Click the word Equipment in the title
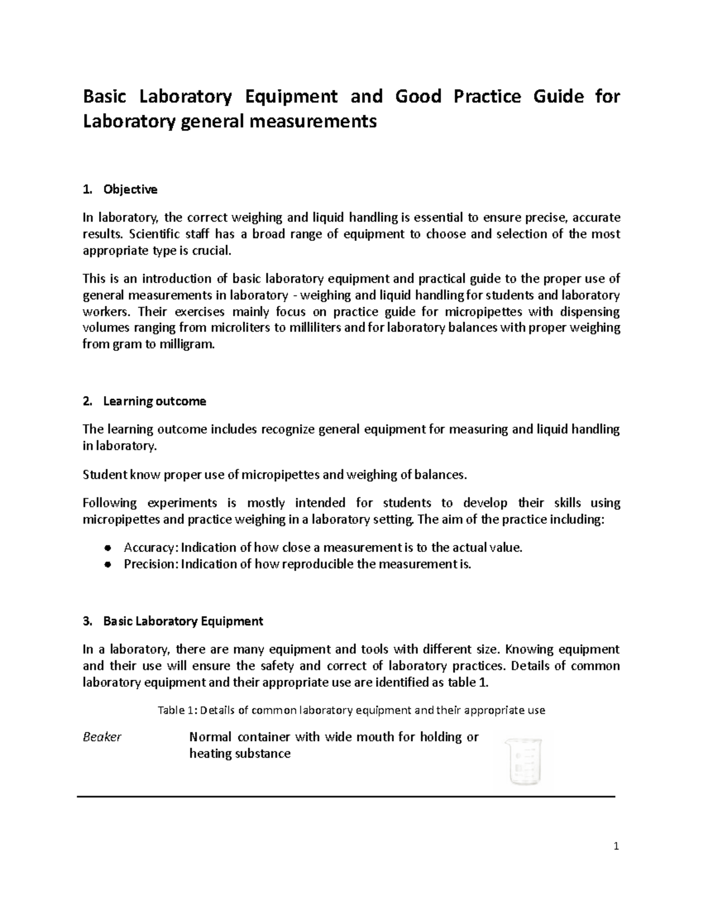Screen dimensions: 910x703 [291, 96]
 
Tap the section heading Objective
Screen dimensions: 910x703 [130, 189]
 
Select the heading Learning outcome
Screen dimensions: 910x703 [154, 401]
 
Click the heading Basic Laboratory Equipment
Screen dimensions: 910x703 [183, 621]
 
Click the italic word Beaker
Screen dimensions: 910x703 [102, 737]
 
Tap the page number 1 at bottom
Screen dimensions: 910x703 [616, 846]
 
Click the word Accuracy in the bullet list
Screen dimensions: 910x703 [149, 548]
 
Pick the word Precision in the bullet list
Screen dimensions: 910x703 [150, 564]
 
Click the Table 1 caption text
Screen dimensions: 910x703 [351, 710]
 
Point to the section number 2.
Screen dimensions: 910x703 [87, 401]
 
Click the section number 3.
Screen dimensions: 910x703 [87, 621]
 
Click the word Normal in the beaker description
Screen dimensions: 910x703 [210, 737]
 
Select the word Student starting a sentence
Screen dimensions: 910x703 [104, 475]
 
